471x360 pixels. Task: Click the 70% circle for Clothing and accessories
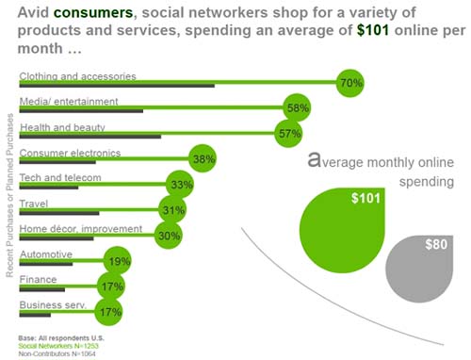351,83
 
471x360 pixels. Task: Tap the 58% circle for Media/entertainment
298,108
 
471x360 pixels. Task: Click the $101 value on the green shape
365,199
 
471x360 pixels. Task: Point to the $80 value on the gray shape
435,245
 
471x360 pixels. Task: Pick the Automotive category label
43,253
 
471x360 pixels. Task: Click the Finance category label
36,278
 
